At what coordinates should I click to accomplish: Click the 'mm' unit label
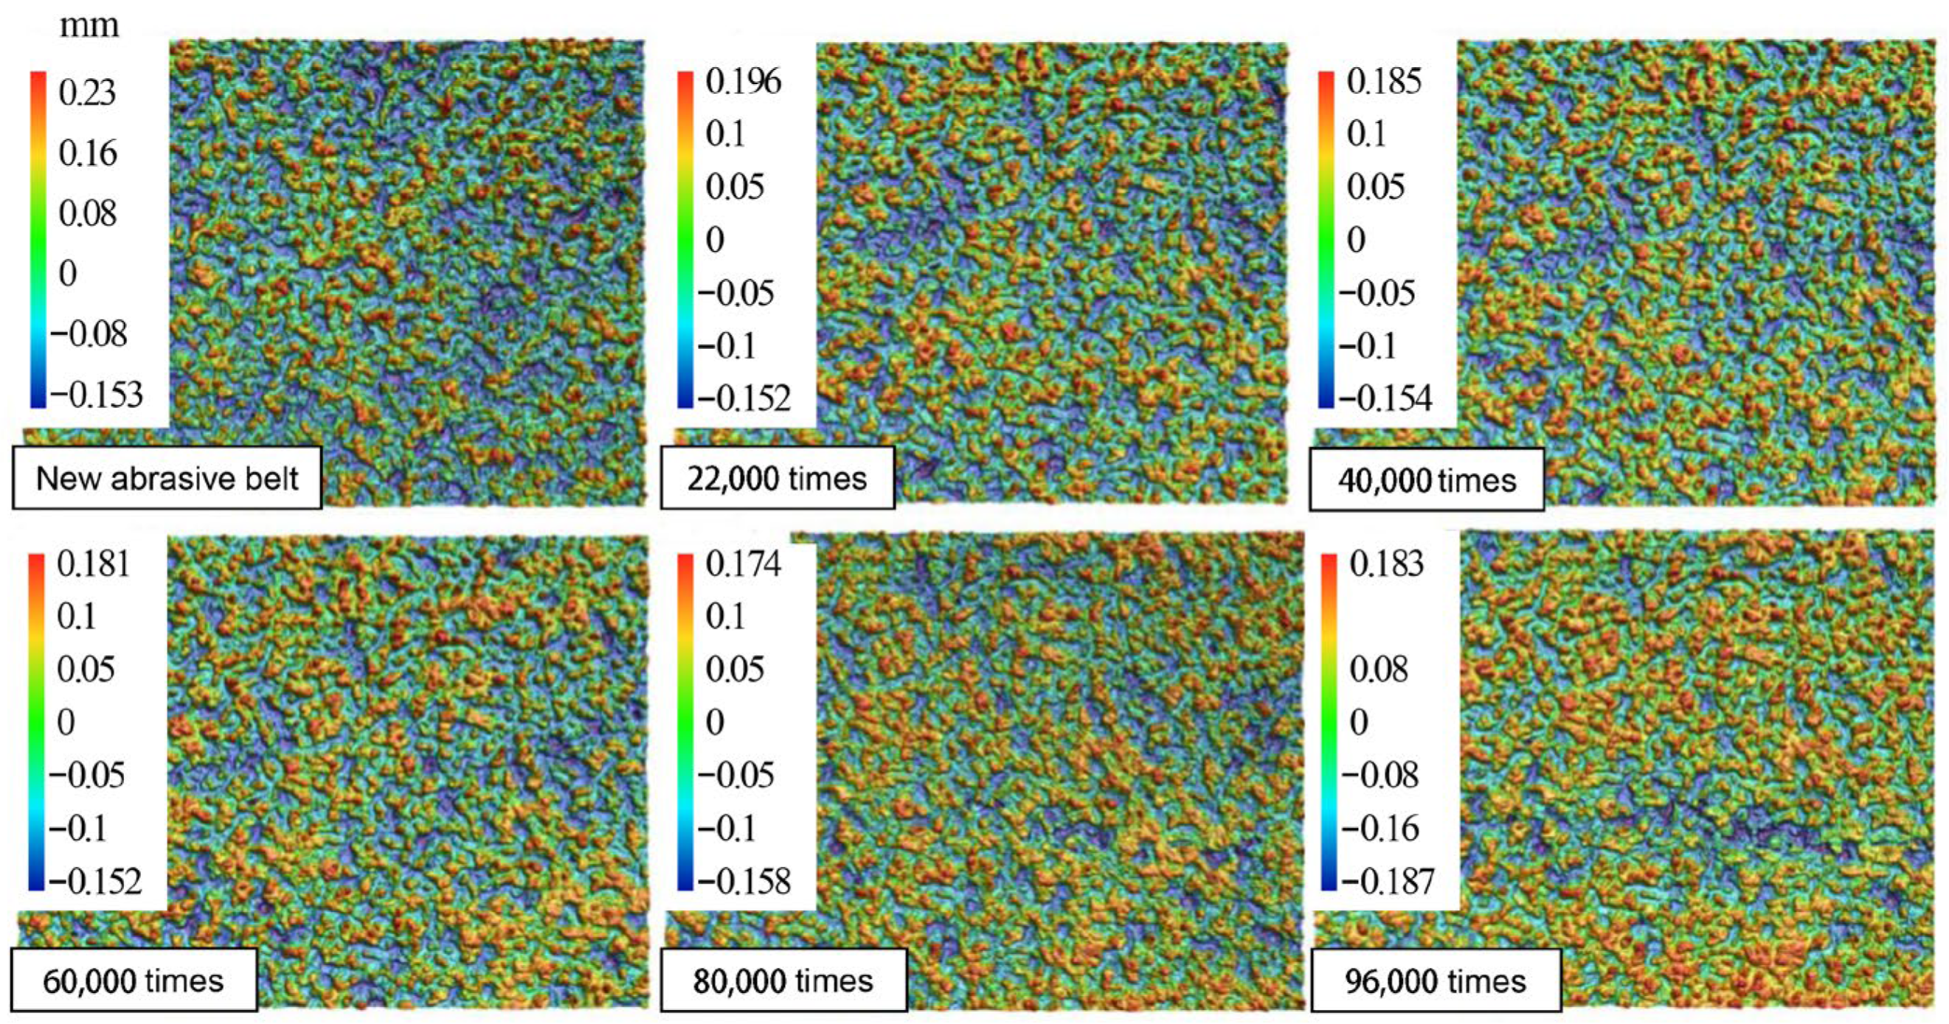(89, 26)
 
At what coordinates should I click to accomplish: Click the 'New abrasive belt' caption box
(167, 478)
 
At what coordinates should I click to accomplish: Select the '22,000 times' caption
(777, 479)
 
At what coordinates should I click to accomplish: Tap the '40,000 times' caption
(1427, 480)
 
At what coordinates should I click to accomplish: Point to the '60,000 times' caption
(134, 981)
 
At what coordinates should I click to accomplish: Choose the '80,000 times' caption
(783, 981)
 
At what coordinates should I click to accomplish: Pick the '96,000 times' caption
(1436, 982)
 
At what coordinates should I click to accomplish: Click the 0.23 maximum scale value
(87, 93)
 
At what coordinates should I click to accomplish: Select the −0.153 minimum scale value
(96, 394)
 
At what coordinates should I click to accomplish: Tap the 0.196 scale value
(743, 81)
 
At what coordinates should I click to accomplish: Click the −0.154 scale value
(1385, 398)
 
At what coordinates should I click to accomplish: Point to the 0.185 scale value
(1384, 81)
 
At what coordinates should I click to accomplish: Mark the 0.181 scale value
(93, 564)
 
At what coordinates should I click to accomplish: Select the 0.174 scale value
(743, 564)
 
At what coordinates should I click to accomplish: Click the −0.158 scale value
(744, 881)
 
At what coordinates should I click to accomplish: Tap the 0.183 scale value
(1386, 564)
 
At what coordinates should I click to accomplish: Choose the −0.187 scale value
(1388, 881)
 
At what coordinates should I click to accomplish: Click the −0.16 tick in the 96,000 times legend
(1380, 828)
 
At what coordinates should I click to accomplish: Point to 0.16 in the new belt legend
(88, 153)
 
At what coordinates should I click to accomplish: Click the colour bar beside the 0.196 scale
(685, 239)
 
